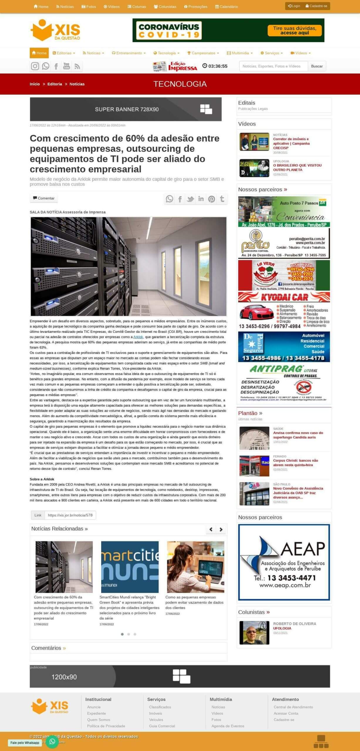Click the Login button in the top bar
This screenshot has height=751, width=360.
(294, 6)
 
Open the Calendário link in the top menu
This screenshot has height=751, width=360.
(227, 6)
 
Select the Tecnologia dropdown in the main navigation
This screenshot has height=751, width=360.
(166, 53)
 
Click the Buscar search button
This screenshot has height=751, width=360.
(317, 66)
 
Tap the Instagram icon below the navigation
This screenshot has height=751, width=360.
(35, 66)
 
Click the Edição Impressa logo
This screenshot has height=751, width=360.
(175, 66)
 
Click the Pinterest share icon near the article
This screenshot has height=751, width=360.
(212, 199)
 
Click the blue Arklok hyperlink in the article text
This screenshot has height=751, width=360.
(138, 337)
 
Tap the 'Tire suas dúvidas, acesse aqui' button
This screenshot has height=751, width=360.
(295, 31)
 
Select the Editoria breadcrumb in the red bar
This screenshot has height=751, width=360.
(55, 84)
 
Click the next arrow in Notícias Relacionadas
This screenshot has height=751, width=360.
(221, 529)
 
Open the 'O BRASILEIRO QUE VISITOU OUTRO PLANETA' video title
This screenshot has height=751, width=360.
(297, 168)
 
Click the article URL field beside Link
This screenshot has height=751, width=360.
(70, 515)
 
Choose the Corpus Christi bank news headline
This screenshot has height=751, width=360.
(295, 463)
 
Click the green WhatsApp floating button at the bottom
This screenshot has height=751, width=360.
(52, 742)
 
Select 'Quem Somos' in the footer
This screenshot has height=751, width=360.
(99, 720)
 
